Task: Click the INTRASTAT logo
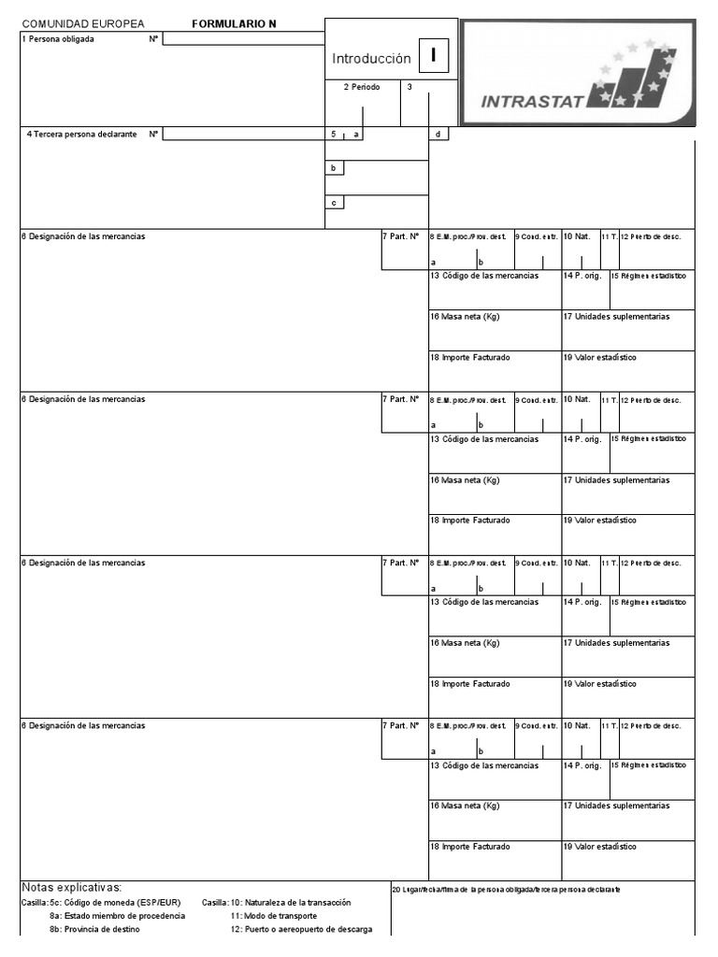click(578, 73)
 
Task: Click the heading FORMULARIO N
click(234, 24)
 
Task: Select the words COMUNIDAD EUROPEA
click(83, 24)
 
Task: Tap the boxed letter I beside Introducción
click(433, 57)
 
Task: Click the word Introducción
click(371, 59)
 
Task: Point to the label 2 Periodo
click(361, 87)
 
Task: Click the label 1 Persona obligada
click(58, 39)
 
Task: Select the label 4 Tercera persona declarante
click(81, 135)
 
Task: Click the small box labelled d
click(438, 135)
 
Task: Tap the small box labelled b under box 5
click(334, 168)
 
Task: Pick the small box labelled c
click(334, 203)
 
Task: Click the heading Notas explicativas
click(71, 887)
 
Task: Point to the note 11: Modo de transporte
click(273, 916)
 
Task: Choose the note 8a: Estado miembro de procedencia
click(117, 916)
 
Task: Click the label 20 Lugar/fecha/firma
click(505, 889)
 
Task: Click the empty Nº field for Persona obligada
click(243, 39)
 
